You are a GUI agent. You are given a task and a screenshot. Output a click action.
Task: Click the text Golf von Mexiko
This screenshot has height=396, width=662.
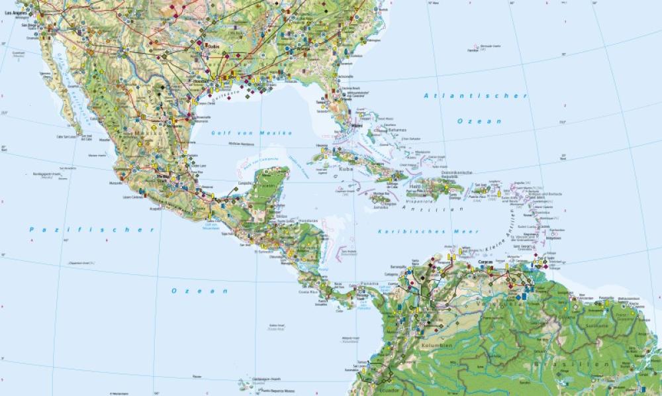pyautogui.click(x=252, y=132)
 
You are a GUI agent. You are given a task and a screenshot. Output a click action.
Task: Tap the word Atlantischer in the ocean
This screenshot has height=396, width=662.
pyautogui.click(x=475, y=96)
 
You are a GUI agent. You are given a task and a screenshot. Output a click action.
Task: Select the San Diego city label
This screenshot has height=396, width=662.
pyautogui.click(x=29, y=25)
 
